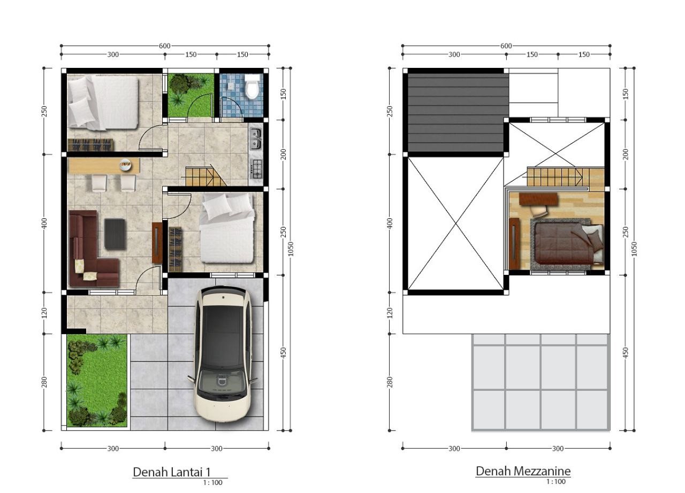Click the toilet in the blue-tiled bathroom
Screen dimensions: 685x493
coord(253,87)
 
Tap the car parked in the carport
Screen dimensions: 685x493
coord(222,354)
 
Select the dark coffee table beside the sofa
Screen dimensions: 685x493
coord(115,234)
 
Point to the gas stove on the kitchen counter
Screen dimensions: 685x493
coord(256,169)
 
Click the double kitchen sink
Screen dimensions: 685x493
coord(256,138)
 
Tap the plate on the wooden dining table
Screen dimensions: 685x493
coord(125,164)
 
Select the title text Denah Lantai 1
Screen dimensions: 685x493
coord(172,472)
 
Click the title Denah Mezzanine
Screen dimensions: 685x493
coord(523,471)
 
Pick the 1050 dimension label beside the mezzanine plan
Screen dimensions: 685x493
coord(634,249)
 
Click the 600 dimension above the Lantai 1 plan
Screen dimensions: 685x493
coord(164,46)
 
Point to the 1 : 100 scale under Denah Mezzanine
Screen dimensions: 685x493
coord(556,482)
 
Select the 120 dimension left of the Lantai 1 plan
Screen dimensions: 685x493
coord(44,313)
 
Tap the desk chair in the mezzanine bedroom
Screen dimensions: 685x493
coord(538,211)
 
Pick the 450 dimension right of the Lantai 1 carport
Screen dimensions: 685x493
coord(283,353)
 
